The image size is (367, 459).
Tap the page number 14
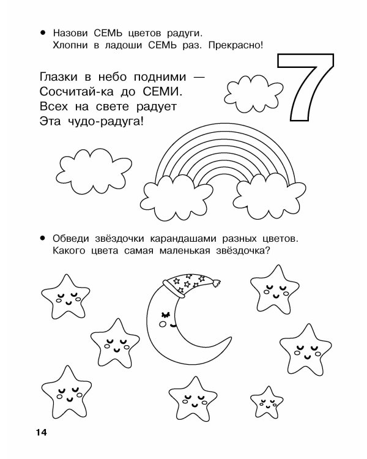(x=41, y=433)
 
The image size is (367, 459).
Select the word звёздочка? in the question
(x=240, y=250)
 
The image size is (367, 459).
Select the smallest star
(x=267, y=400)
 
